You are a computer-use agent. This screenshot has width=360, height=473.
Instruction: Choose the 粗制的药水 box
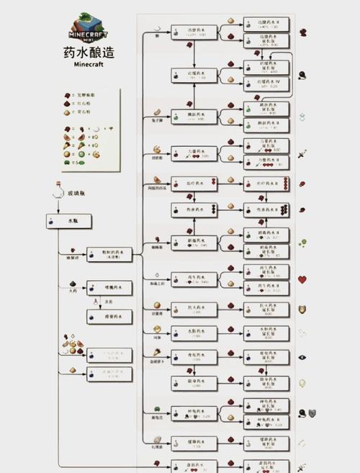[109, 254]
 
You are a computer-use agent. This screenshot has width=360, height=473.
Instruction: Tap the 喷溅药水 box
[109, 288]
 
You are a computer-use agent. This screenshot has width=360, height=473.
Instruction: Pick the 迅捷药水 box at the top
[193, 32]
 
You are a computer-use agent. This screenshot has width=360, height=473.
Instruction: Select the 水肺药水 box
[193, 333]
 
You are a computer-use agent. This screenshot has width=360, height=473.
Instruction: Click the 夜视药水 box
[193, 356]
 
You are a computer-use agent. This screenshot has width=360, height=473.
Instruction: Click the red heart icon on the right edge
[302, 279]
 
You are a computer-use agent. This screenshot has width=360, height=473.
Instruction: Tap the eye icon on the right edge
[302, 356]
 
